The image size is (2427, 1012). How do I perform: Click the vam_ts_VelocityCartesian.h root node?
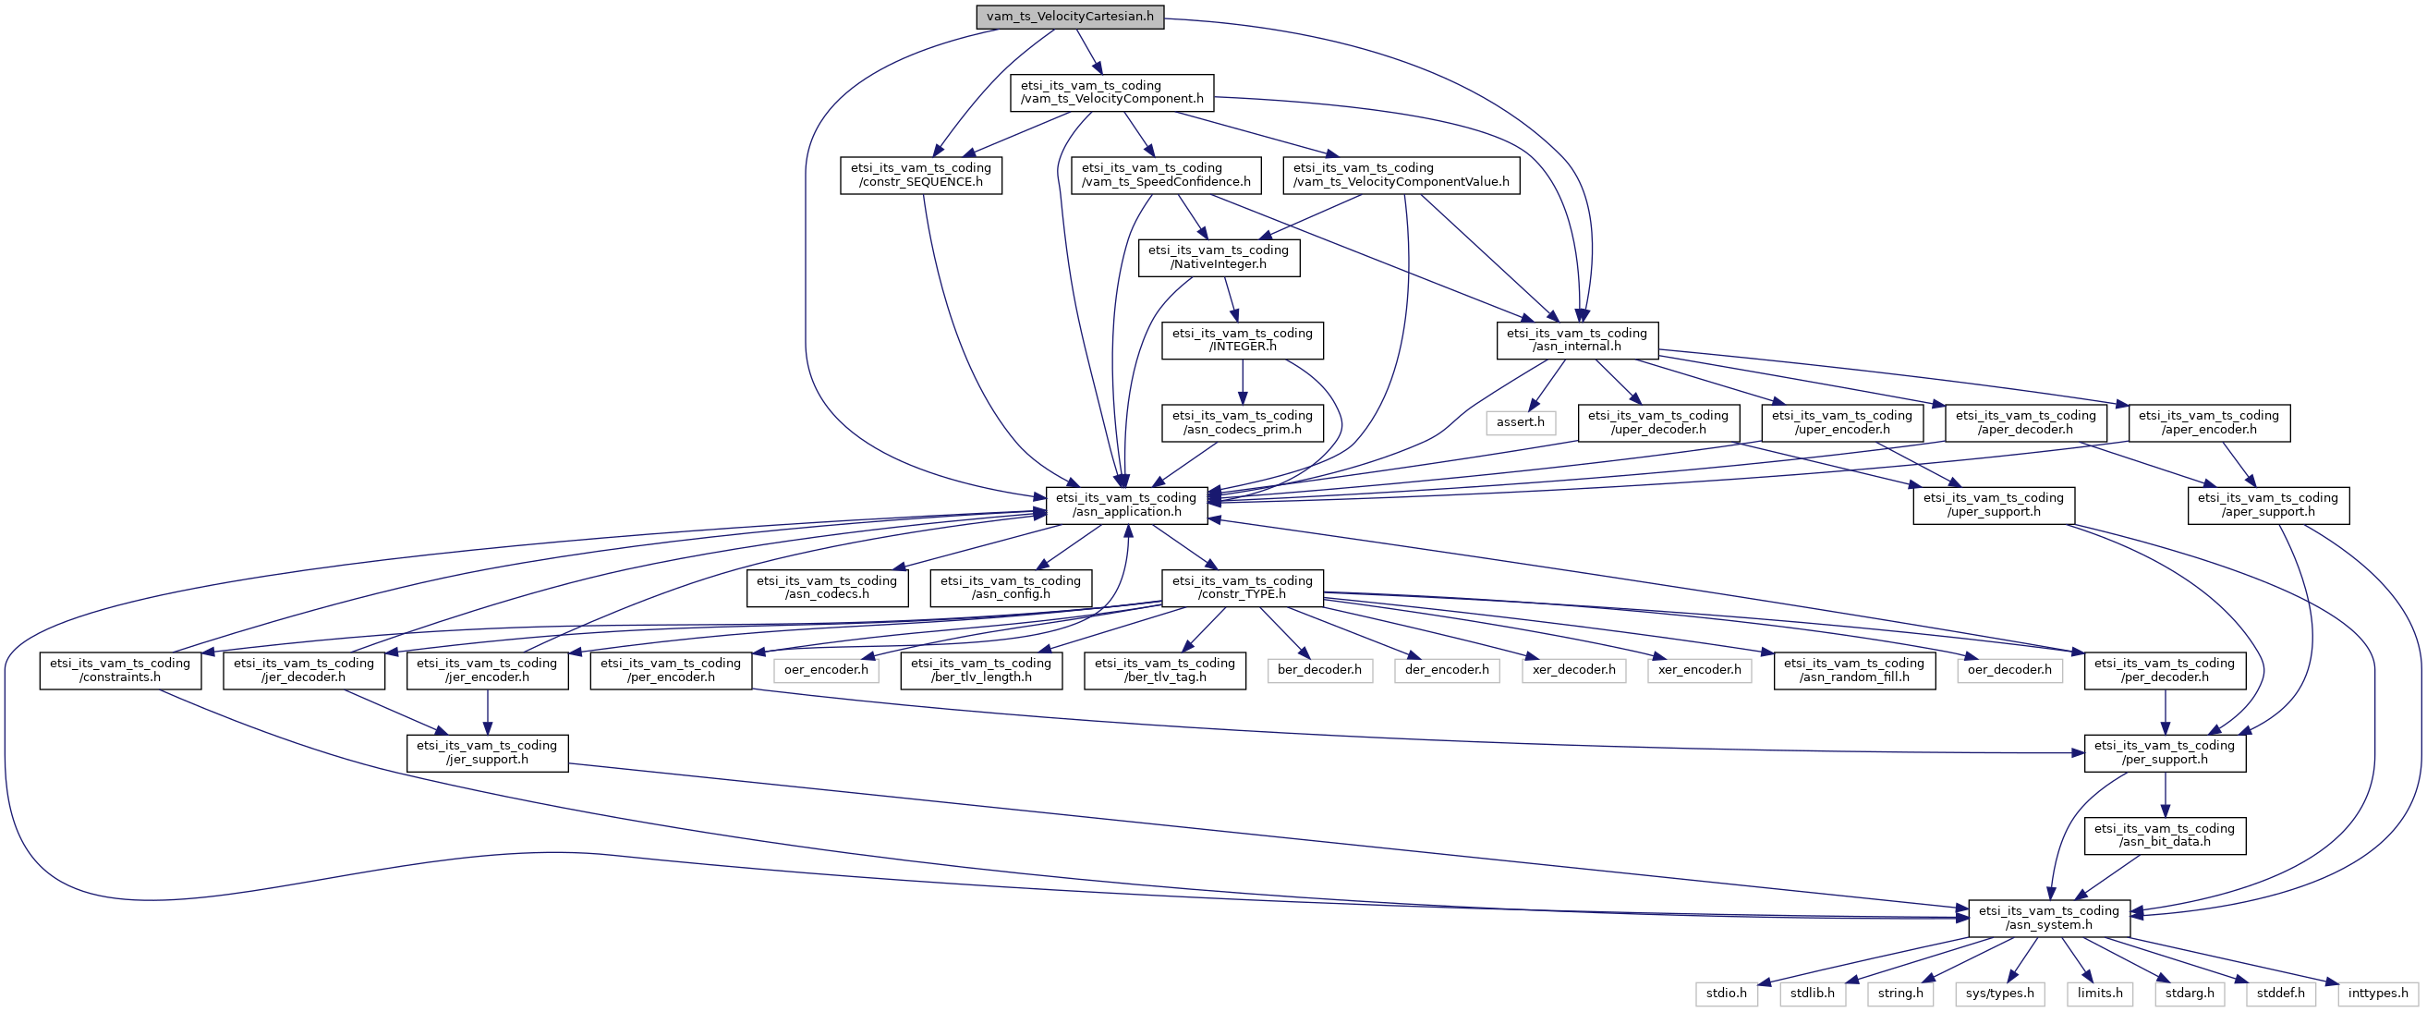pyautogui.click(x=1069, y=17)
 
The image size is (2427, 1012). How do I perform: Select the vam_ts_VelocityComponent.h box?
pyautogui.click(x=1111, y=92)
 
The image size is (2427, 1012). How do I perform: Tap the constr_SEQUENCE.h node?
pyautogui.click(x=920, y=176)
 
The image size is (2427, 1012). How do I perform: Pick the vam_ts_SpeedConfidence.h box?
pyautogui.click(x=1165, y=176)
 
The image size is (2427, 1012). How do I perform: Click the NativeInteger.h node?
pyautogui.click(x=1219, y=257)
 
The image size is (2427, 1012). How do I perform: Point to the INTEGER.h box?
pyautogui.click(x=1242, y=340)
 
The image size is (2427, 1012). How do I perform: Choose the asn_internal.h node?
pyautogui.click(x=1576, y=340)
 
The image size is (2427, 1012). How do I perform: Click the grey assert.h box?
pyautogui.click(x=1521, y=422)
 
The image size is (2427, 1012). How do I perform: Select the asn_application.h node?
pyautogui.click(x=1126, y=505)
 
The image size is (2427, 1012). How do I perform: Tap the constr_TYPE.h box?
pyautogui.click(x=1242, y=587)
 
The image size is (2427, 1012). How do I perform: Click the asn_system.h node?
pyautogui.click(x=2048, y=918)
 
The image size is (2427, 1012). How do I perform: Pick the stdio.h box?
pyautogui.click(x=1726, y=994)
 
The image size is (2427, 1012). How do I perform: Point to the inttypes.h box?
pyautogui.click(x=2378, y=994)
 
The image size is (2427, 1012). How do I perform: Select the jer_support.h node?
pyautogui.click(x=487, y=753)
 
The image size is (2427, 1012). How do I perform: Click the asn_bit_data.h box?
pyautogui.click(x=2164, y=835)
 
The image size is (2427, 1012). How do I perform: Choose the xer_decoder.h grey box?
pyautogui.click(x=1572, y=670)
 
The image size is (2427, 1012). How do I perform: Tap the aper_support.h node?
pyautogui.click(x=2268, y=505)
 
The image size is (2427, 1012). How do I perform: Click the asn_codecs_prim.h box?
pyautogui.click(x=1242, y=422)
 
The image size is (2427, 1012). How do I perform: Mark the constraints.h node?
pyautogui.click(x=120, y=670)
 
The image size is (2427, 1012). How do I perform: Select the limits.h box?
pyautogui.click(x=2100, y=994)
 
